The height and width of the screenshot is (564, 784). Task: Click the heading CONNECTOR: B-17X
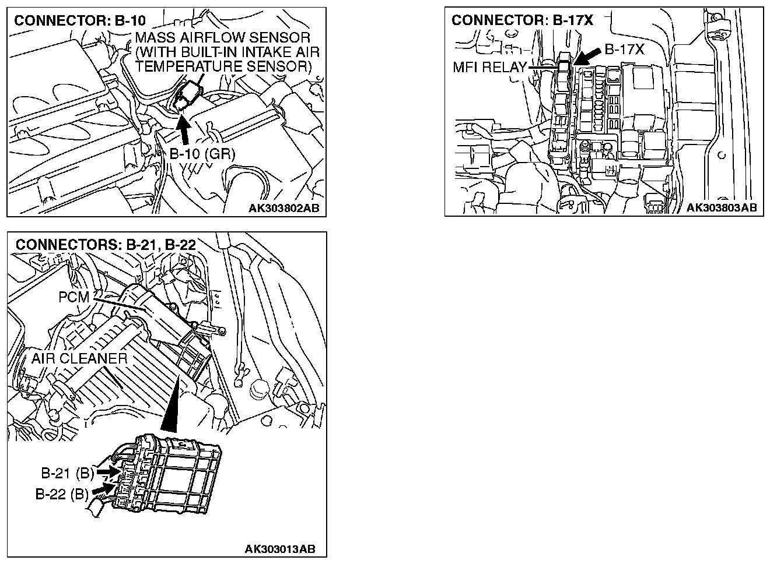click(x=522, y=20)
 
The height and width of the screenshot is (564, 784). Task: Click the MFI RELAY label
click(x=490, y=67)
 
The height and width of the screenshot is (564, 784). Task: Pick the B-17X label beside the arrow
click(x=624, y=50)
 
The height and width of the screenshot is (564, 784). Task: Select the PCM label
click(x=74, y=297)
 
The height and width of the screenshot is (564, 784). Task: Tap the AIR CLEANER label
click(x=79, y=358)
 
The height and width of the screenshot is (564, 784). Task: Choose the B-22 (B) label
click(x=62, y=495)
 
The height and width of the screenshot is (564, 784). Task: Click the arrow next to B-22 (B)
click(x=104, y=487)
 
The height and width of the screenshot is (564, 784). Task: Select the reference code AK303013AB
click(x=280, y=549)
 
